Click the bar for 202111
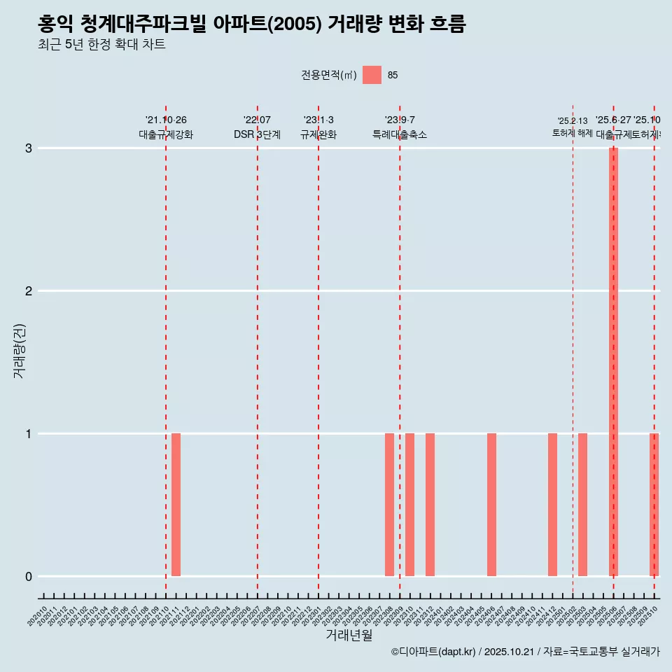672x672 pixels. [176, 505]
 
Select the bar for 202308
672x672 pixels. [389, 505]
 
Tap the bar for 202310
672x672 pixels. [409, 505]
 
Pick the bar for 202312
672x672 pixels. [430, 505]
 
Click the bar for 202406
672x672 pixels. [491, 505]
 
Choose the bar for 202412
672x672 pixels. [552, 505]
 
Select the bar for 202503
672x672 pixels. [582, 505]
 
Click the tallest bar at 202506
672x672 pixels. [613, 362]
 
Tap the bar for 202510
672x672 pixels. [654, 505]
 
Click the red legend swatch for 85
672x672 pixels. [372, 75]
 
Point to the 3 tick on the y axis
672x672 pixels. [29, 148]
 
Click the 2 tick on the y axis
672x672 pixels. [29, 291]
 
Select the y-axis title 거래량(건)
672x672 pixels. [19, 351]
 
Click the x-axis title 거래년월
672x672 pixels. [349, 635]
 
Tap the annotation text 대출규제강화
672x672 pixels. [166, 134]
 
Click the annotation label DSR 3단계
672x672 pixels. [257, 134]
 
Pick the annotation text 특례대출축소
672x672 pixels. [400, 134]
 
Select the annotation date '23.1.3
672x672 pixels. [318, 120]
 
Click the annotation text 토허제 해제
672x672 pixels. [573, 133]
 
